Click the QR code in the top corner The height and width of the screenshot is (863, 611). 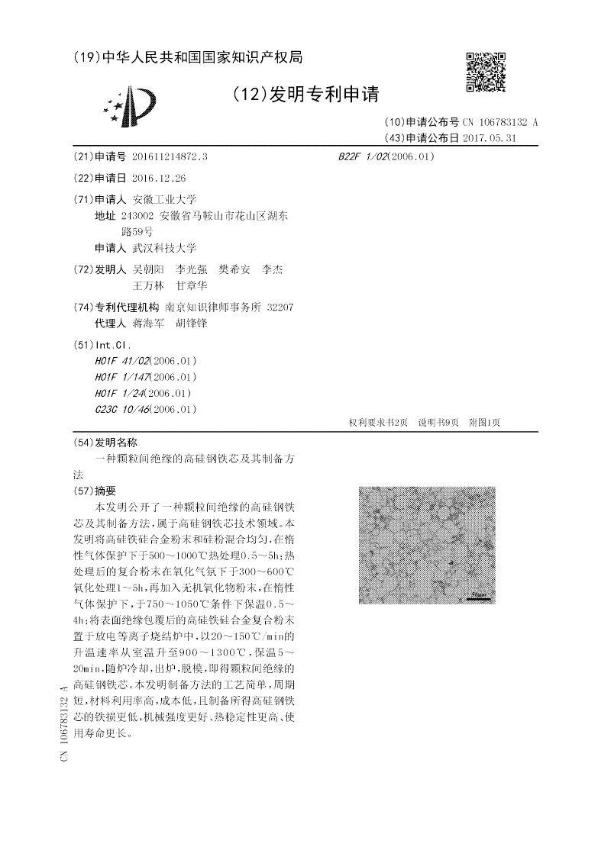click(x=486, y=72)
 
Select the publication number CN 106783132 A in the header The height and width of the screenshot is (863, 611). click(x=500, y=122)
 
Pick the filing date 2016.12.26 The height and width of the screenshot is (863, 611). click(x=158, y=178)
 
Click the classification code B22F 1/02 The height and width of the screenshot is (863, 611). click(x=363, y=156)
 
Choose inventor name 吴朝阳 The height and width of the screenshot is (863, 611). click(x=148, y=269)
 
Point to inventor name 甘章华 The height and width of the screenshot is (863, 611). click(x=192, y=285)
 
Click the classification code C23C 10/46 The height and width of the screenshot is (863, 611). click(x=122, y=410)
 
